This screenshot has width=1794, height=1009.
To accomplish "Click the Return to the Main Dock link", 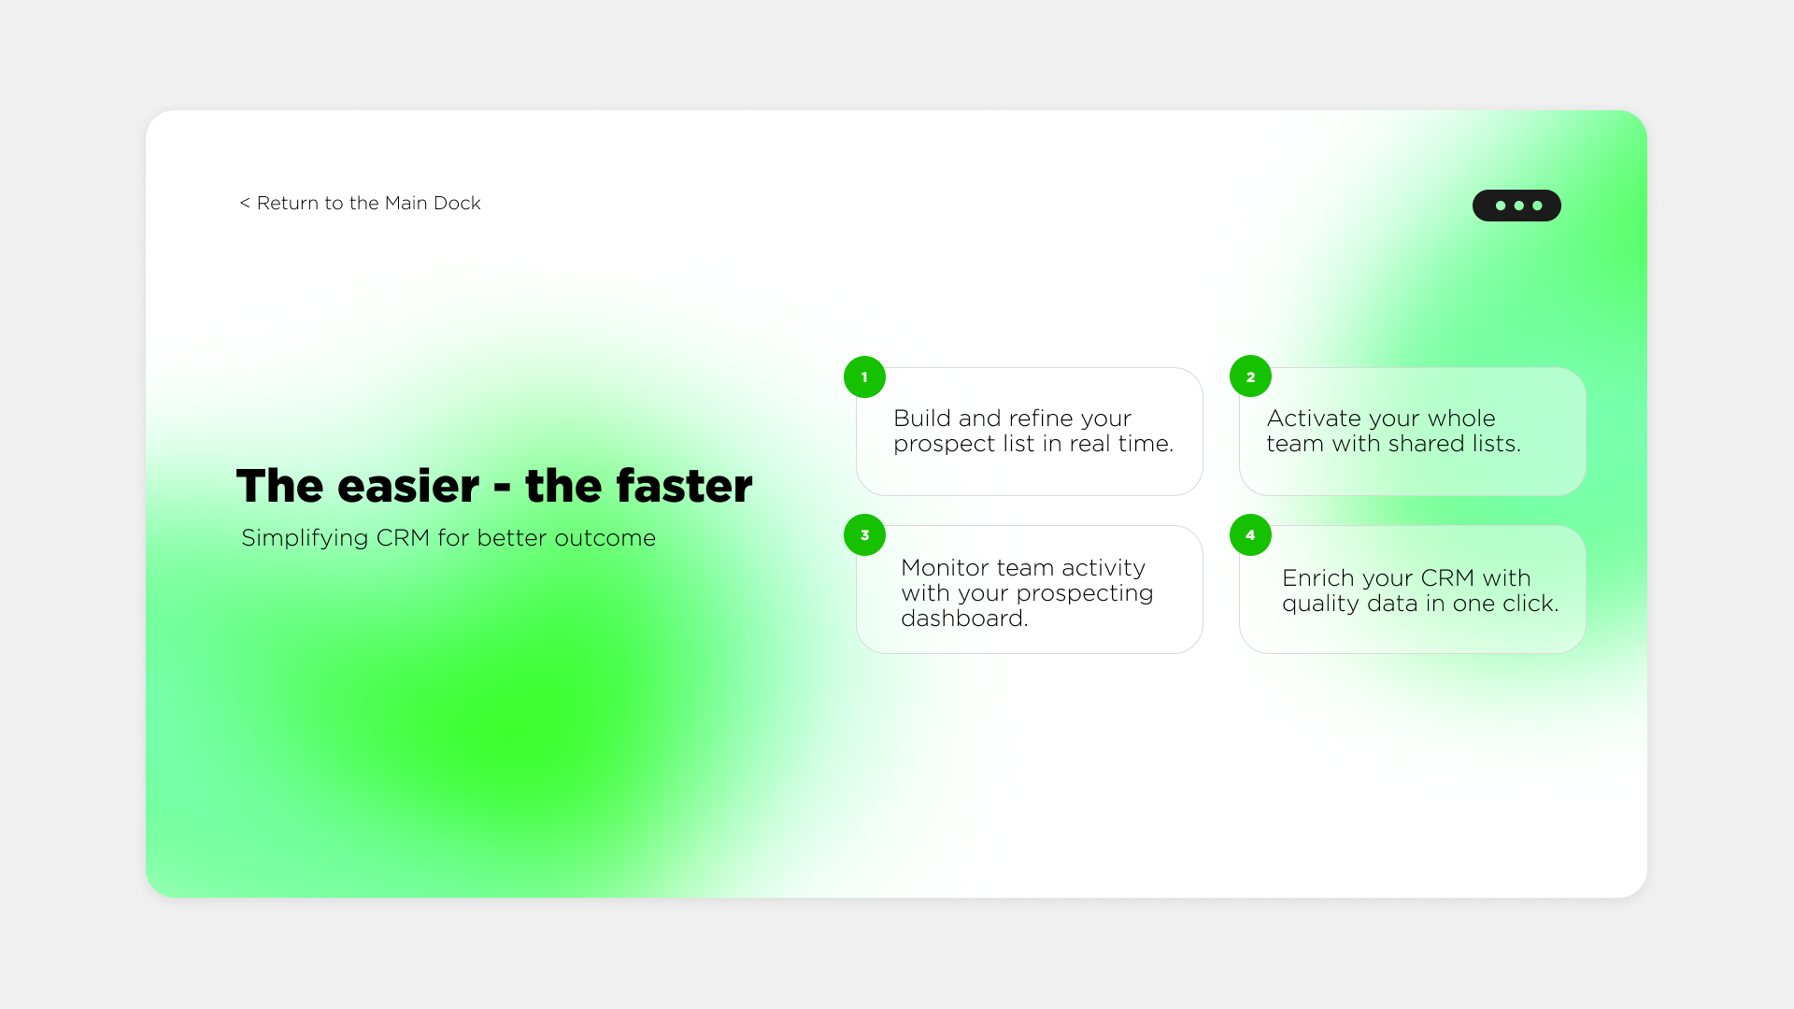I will tap(361, 204).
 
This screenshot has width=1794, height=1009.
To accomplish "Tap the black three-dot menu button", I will tap(1516, 206).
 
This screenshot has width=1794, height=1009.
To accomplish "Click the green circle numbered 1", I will tap(864, 377).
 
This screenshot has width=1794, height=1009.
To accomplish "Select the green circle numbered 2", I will tap(1250, 377).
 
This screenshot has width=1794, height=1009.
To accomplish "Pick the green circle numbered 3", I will tap(864, 535).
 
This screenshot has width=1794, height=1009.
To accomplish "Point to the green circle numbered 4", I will tap(1250, 535).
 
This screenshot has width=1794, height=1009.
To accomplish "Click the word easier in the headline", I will tap(408, 487).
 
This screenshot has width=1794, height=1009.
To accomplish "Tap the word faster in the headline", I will tap(684, 487).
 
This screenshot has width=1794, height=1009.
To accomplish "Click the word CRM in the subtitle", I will tap(402, 538).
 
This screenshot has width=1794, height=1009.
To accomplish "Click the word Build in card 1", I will tap(921, 419).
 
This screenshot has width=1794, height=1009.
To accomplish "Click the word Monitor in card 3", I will tap(945, 568).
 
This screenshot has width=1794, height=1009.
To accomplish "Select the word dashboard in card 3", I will tap(963, 618).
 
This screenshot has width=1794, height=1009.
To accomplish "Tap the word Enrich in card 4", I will tap(1317, 578).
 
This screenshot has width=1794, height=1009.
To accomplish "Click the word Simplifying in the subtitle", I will tap(305, 539).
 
